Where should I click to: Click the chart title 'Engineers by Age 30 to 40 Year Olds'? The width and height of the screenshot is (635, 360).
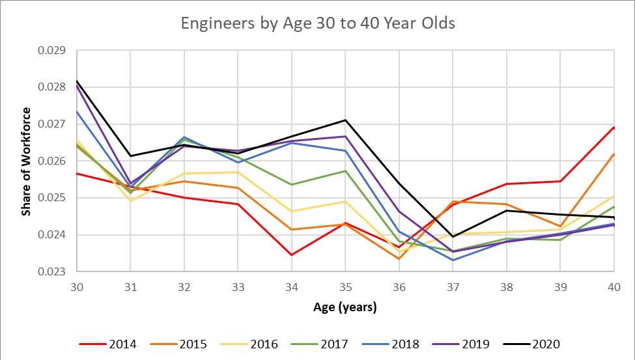click(317, 24)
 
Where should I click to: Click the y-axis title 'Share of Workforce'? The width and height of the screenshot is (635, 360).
click(27, 161)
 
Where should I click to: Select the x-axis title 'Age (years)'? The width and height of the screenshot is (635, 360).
click(345, 307)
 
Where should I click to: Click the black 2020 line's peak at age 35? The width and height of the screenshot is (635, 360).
click(345, 120)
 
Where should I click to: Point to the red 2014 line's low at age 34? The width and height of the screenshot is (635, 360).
click(291, 255)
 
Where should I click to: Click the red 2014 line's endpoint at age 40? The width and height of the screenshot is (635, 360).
click(614, 127)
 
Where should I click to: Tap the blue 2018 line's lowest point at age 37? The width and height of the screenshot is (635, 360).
click(453, 260)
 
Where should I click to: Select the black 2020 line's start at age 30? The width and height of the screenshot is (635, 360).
click(77, 81)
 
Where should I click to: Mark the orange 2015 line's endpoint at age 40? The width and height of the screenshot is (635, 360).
click(614, 154)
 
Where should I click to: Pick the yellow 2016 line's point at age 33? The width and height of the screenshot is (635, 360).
click(238, 172)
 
